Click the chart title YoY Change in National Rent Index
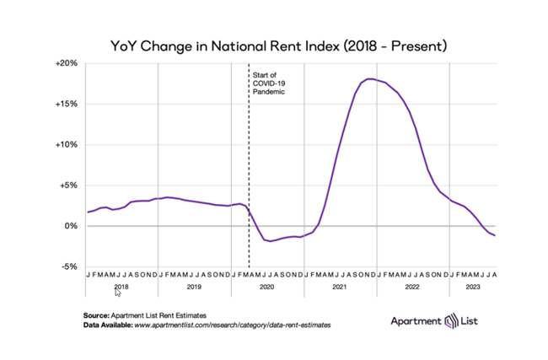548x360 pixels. click(274, 44)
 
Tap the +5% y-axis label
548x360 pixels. click(68, 185)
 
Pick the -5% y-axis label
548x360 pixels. click(68, 266)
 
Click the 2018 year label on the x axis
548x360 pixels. click(121, 287)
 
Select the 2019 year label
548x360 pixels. click(195, 287)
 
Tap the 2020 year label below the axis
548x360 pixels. click(267, 287)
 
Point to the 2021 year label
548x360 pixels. click(340, 287)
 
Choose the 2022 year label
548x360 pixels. click(412, 287)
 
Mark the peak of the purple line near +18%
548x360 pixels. click(370, 79)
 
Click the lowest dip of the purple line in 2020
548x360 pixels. click(270, 241)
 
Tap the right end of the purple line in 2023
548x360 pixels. click(494, 235)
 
